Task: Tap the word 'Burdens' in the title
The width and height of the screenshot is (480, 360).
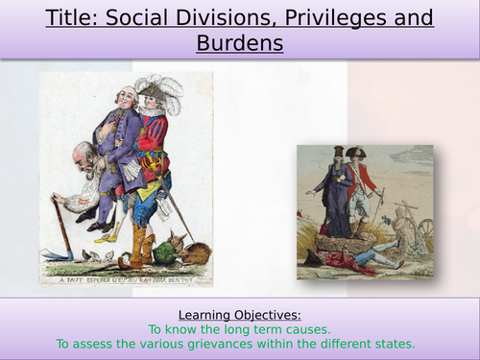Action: [x=239, y=43]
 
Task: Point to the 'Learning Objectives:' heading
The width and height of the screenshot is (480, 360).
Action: [x=239, y=314]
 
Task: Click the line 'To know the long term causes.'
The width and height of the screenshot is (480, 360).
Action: [x=239, y=328]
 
